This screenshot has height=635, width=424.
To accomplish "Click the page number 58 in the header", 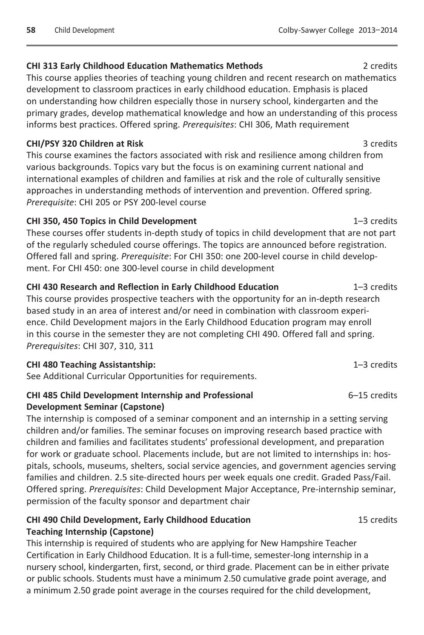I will coord(31,30).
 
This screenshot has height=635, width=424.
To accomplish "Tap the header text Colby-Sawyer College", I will coord(316,30).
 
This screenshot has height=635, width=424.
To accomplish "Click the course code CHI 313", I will coord(42,66).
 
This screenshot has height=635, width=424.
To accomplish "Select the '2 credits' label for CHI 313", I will coord(380,66).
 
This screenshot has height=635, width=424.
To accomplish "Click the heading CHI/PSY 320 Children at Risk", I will coord(85,144).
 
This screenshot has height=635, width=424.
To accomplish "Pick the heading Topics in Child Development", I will coord(138,221).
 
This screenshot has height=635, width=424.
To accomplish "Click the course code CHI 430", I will coord(42,287).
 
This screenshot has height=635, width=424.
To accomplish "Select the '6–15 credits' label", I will coord(372,395).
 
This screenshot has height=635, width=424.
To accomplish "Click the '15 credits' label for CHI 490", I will coord(378,520).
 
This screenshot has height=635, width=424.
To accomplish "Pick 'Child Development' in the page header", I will coord(84,30).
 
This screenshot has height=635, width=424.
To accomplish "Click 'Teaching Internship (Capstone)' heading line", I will coord(90,532).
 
